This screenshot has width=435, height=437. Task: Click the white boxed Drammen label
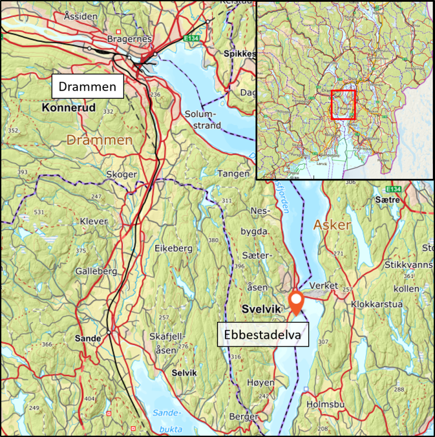tap(88, 87)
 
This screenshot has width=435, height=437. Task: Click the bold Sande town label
tap(87, 339)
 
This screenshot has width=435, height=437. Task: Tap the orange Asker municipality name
tap(333, 225)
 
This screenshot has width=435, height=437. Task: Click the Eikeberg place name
tap(173, 248)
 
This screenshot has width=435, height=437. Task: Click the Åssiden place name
tap(80, 16)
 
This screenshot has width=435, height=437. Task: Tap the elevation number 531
tap(39, 212)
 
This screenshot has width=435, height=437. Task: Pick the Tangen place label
tap(233, 174)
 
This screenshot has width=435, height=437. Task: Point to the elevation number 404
tap(89, 399)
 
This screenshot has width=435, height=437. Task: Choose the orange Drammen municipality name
tap(100, 140)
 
